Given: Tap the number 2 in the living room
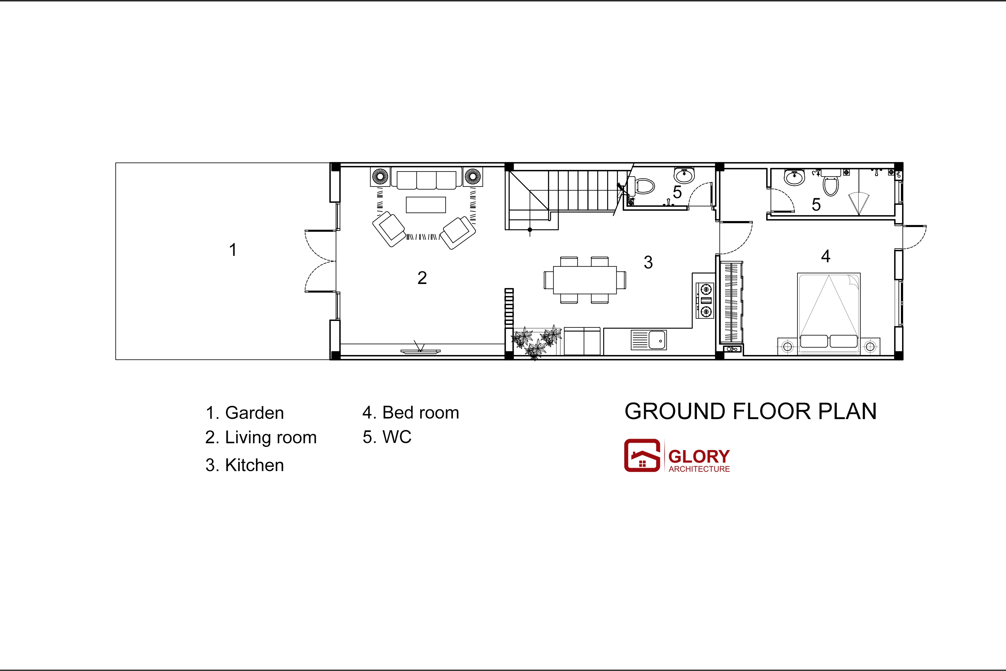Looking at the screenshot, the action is click(422, 278).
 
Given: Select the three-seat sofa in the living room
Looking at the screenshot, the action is click(426, 179).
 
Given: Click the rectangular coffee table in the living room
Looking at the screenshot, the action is click(426, 205).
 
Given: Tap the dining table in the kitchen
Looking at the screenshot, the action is click(585, 280).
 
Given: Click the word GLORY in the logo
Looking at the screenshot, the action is click(699, 456).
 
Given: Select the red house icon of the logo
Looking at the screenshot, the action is click(642, 455).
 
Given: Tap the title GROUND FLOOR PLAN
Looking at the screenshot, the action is click(751, 411).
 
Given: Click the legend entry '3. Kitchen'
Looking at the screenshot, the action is click(245, 465).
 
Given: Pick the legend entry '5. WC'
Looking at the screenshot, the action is click(387, 437).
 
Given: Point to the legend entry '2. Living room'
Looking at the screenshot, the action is click(261, 438).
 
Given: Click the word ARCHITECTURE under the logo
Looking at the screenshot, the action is click(699, 469).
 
